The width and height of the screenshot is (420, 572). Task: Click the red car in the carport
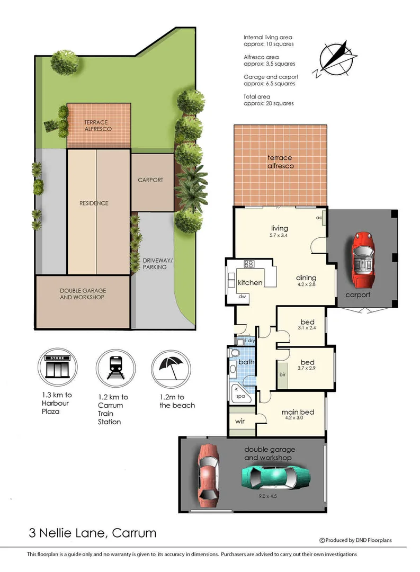coord(362,257)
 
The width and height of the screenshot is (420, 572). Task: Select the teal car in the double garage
coord(275,478)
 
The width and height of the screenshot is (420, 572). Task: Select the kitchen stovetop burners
coord(249,263)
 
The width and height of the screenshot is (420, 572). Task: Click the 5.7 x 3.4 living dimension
coord(279,236)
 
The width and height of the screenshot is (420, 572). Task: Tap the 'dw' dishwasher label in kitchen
coord(243,297)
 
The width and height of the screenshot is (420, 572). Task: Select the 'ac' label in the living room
coord(319,218)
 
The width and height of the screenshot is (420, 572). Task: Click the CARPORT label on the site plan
coord(150,180)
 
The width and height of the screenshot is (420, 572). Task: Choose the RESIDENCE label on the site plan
coord(94,203)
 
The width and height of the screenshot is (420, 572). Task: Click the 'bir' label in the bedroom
coord(282,374)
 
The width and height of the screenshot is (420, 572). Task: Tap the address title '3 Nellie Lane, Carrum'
coord(92,532)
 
